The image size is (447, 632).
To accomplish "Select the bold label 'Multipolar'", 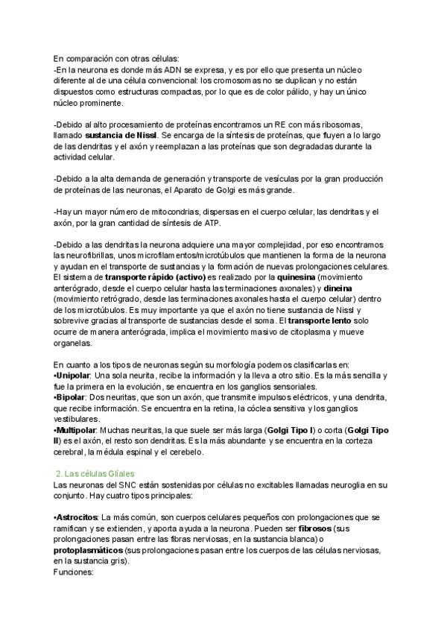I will [x=77, y=430].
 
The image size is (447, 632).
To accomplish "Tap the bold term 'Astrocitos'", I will [x=77, y=517].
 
